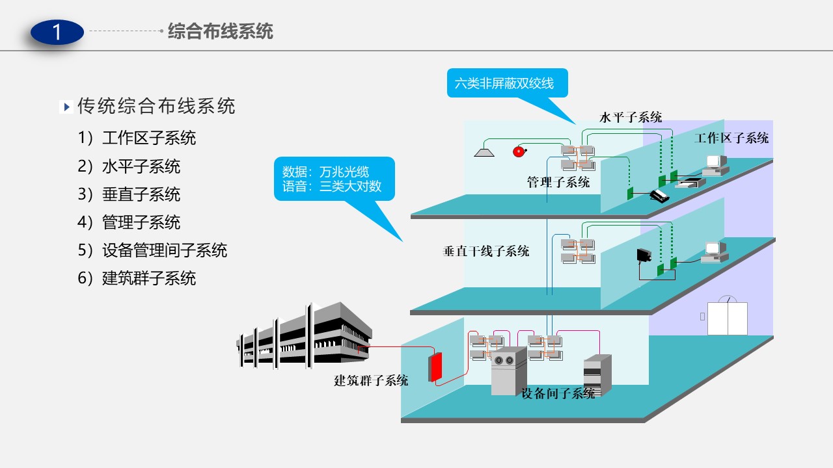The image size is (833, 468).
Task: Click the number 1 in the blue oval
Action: (x=57, y=32)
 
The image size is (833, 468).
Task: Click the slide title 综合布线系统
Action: (x=220, y=31)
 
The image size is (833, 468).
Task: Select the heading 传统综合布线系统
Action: (x=156, y=106)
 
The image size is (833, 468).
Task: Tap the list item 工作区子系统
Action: (x=148, y=138)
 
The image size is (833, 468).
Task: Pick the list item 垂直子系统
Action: (x=141, y=194)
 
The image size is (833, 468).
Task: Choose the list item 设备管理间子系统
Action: (x=164, y=250)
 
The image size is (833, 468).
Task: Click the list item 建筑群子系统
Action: (x=148, y=278)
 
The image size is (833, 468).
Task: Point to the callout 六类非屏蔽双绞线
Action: (x=504, y=83)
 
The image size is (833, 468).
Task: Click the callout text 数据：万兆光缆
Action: (x=325, y=172)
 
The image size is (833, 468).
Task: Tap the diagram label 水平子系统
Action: (x=630, y=118)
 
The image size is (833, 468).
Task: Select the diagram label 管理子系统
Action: (x=558, y=183)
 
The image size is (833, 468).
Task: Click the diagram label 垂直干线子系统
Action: (x=485, y=251)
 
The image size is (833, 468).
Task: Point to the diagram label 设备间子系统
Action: (x=558, y=393)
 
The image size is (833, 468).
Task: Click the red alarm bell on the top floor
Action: (x=519, y=151)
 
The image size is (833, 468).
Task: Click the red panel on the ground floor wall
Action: (x=435, y=367)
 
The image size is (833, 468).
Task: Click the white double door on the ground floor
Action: (x=727, y=318)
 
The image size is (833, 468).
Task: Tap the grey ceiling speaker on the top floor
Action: (x=484, y=151)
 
